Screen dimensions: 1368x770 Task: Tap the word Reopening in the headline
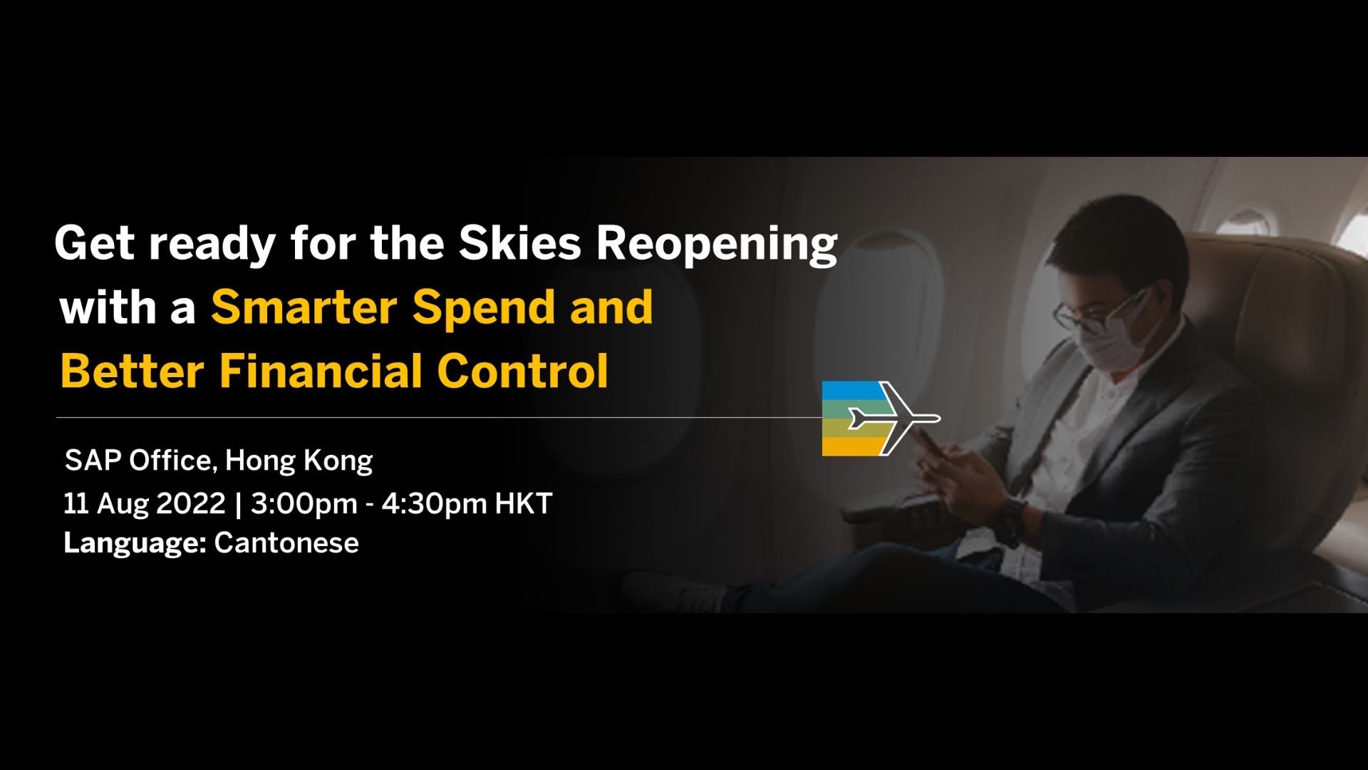[717, 245]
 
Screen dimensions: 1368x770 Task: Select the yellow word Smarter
[304, 307]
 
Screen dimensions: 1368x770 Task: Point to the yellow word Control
[523, 371]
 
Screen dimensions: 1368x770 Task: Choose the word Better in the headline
[133, 371]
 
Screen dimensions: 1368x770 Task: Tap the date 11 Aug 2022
[145, 503]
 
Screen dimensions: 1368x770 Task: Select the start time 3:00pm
[304, 504]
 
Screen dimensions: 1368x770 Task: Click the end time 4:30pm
[435, 504]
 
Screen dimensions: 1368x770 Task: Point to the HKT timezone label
[524, 503]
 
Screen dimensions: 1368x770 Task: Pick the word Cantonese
[286, 543]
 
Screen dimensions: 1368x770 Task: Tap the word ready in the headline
[212, 245]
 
